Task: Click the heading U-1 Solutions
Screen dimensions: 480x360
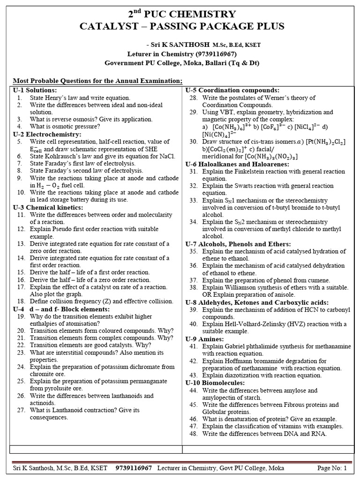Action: point(35,90)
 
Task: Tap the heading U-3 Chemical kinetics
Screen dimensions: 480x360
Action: point(48,207)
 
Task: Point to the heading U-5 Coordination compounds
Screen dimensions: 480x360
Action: point(232,90)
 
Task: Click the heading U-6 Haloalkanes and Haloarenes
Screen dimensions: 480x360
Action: point(237,164)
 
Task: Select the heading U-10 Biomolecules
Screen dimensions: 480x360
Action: point(211,383)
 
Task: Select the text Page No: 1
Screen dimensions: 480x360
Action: point(332,468)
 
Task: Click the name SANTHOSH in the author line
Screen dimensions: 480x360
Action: point(189,45)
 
